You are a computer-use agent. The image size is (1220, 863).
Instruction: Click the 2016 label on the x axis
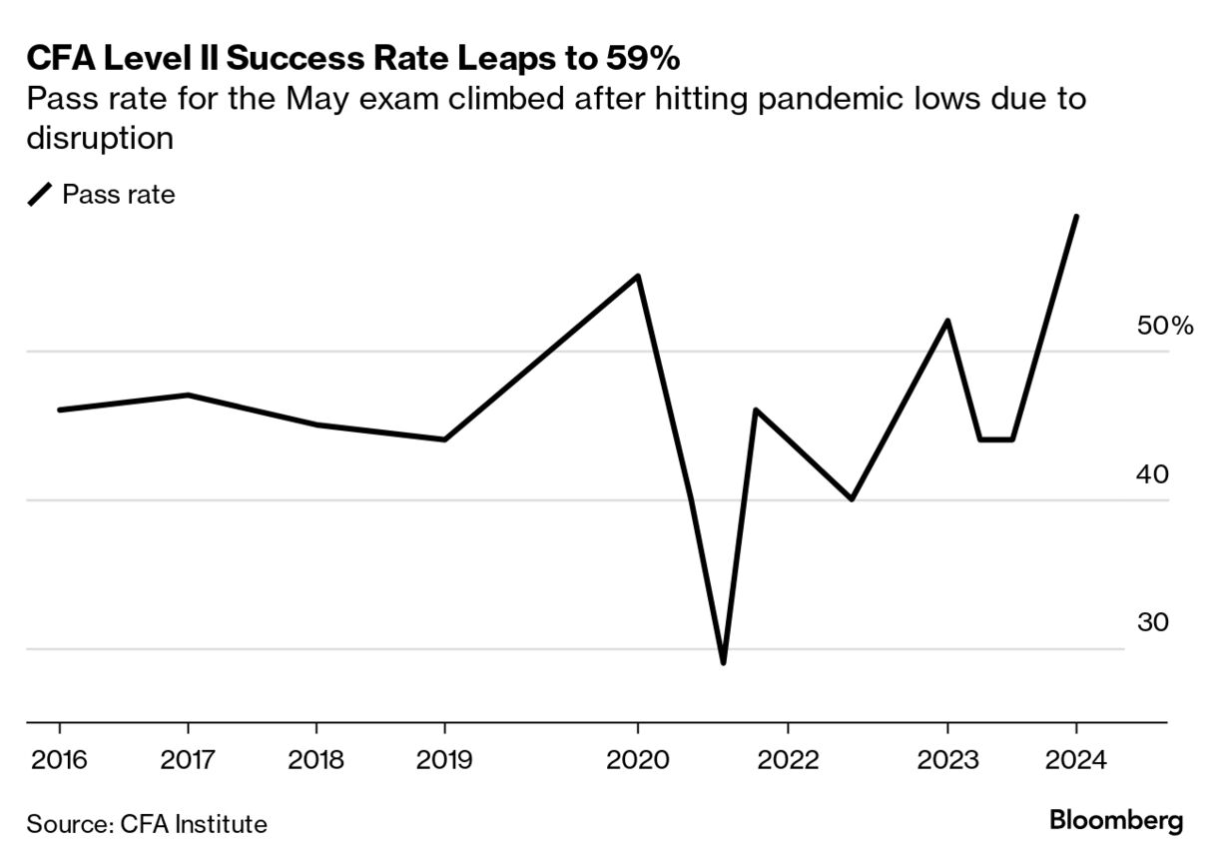coord(59,760)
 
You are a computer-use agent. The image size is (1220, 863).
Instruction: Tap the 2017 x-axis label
coord(188,760)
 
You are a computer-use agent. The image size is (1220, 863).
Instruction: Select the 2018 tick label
coord(316,760)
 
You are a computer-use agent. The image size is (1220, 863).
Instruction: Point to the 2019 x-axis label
coord(444,760)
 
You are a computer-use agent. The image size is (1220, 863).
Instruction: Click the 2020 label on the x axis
coord(638,760)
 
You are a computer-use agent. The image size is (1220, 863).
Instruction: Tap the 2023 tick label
coord(946,760)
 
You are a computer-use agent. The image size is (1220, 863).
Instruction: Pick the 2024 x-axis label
coord(1075,760)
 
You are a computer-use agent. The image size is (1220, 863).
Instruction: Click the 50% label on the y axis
coord(1164,326)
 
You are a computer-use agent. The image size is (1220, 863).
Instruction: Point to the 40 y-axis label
coord(1152,474)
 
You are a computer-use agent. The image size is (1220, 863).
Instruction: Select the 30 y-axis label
coord(1152,623)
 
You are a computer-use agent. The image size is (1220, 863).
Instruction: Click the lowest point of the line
coord(723,662)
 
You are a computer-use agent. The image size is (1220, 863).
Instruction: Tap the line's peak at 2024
coord(1075,217)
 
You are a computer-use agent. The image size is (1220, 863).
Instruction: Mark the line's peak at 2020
coord(638,276)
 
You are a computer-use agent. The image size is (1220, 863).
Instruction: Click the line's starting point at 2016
coord(59,410)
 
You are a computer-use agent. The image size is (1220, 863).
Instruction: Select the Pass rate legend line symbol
coord(40,195)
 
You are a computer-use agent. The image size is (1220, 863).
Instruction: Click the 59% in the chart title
coord(640,59)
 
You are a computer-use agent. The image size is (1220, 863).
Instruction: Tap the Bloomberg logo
coord(1116,821)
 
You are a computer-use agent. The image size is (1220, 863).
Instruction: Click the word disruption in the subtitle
coord(100,138)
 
